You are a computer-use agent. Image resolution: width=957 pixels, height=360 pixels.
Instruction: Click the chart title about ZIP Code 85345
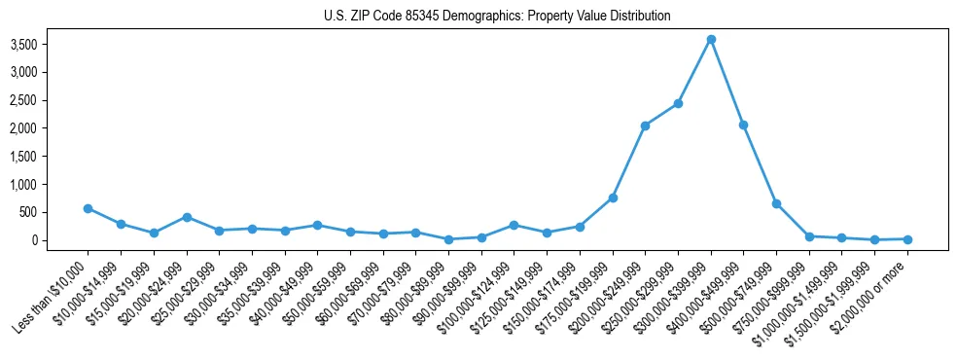point(497,17)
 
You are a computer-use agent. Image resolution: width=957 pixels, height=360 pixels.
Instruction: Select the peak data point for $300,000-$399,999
point(711,39)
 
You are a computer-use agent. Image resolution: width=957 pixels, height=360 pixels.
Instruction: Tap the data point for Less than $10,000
point(88,208)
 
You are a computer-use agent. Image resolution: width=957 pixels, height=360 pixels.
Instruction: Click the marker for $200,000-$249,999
point(645,126)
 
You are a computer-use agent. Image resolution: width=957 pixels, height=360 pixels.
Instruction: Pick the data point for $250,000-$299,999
point(678,103)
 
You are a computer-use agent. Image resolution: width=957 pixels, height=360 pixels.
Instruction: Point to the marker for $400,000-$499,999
point(744,125)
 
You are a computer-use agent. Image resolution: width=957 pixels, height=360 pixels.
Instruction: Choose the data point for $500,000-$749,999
point(776,203)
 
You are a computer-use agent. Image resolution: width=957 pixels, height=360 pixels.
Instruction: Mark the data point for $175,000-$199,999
point(613,198)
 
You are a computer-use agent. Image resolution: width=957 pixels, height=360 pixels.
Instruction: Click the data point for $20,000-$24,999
point(186,217)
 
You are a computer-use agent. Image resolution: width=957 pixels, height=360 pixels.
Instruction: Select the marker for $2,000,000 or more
point(907,238)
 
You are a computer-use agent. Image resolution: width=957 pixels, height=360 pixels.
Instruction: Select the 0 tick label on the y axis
point(60,240)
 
